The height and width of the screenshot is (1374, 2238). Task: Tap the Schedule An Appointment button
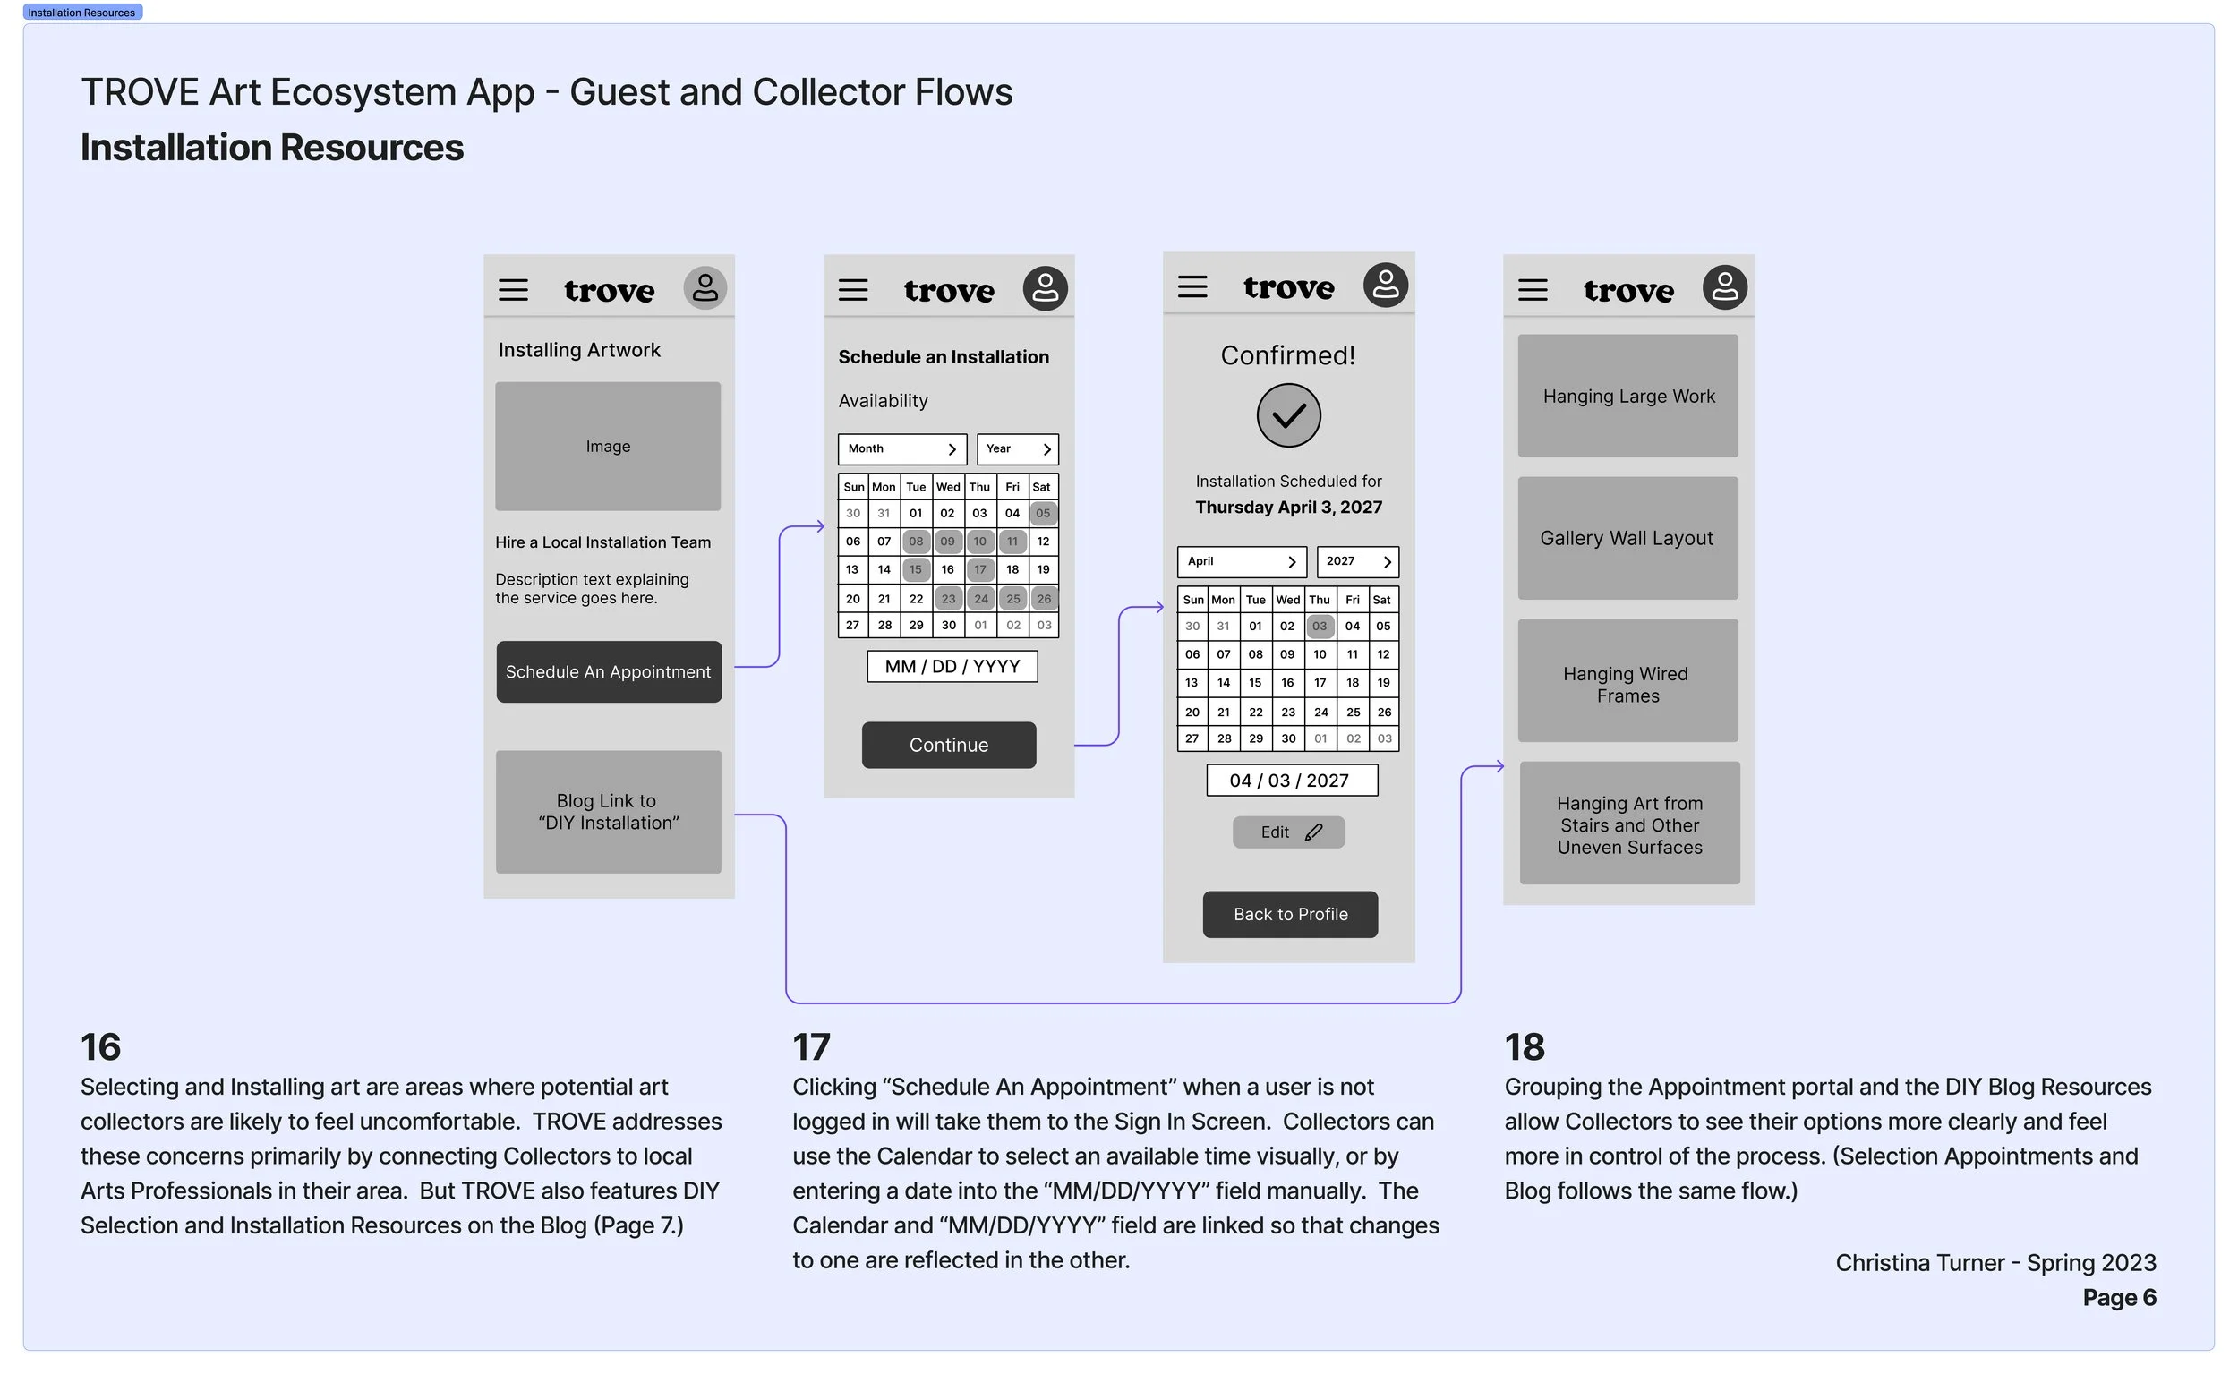[608, 671]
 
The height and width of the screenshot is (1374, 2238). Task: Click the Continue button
[948, 744]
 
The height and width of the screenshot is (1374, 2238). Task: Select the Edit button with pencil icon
[1287, 832]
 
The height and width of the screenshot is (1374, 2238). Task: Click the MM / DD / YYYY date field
[952, 666]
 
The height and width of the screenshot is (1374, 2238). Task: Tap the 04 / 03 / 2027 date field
[1290, 780]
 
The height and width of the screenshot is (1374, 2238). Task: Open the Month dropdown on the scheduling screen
[901, 449]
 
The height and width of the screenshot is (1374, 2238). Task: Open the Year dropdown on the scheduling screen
[1017, 449]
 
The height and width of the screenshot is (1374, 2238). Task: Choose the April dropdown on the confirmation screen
[1241, 561]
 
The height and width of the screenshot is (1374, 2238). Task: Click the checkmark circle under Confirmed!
[1287, 415]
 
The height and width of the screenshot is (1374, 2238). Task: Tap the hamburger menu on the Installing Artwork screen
[512, 290]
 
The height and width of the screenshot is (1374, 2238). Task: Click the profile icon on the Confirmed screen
[1384, 286]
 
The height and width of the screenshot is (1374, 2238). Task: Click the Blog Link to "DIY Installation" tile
[608, 812]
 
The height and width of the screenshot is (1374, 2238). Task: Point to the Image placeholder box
[607, 446]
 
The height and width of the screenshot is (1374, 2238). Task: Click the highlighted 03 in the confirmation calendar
[1319, 626]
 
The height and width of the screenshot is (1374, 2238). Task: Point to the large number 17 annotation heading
[810, 1047]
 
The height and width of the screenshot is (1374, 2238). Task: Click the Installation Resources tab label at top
[81, 13]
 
